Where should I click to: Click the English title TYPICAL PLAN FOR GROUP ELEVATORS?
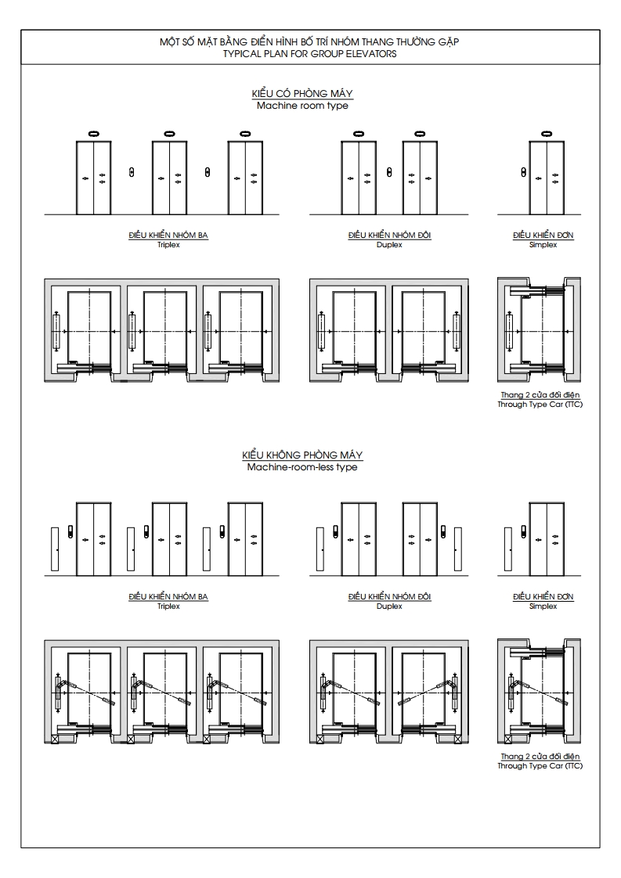click(x=310, y=54)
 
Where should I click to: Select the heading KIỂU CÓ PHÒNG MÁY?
click(x=302, y=94)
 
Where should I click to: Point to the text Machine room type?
click(x=302, y=105)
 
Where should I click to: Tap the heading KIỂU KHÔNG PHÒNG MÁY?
click(x=302, y=455)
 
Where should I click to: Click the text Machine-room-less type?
click(x=302, y=466)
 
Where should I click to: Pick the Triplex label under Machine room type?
click(x=168, y=244)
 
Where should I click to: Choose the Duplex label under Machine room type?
click(x=389, y=244)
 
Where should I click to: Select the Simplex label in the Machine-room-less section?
click(x=543, y=606)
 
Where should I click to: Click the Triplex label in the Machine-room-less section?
click(x=168, y=606)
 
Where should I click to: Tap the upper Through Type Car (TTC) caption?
click(x=540, y=405)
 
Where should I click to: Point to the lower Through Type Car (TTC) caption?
click(x=540, y=766)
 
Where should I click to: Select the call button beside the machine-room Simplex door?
click(x=522, y=171)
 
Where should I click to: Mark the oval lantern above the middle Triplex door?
click(x=169, y=135)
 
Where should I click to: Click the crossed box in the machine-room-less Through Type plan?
click(x=508, y=738)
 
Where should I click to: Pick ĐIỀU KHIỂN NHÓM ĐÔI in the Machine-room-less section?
click(x=389, y=597)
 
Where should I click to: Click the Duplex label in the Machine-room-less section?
click(x=389, y=606)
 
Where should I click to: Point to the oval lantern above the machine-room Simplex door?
click(x=547, y=135)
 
